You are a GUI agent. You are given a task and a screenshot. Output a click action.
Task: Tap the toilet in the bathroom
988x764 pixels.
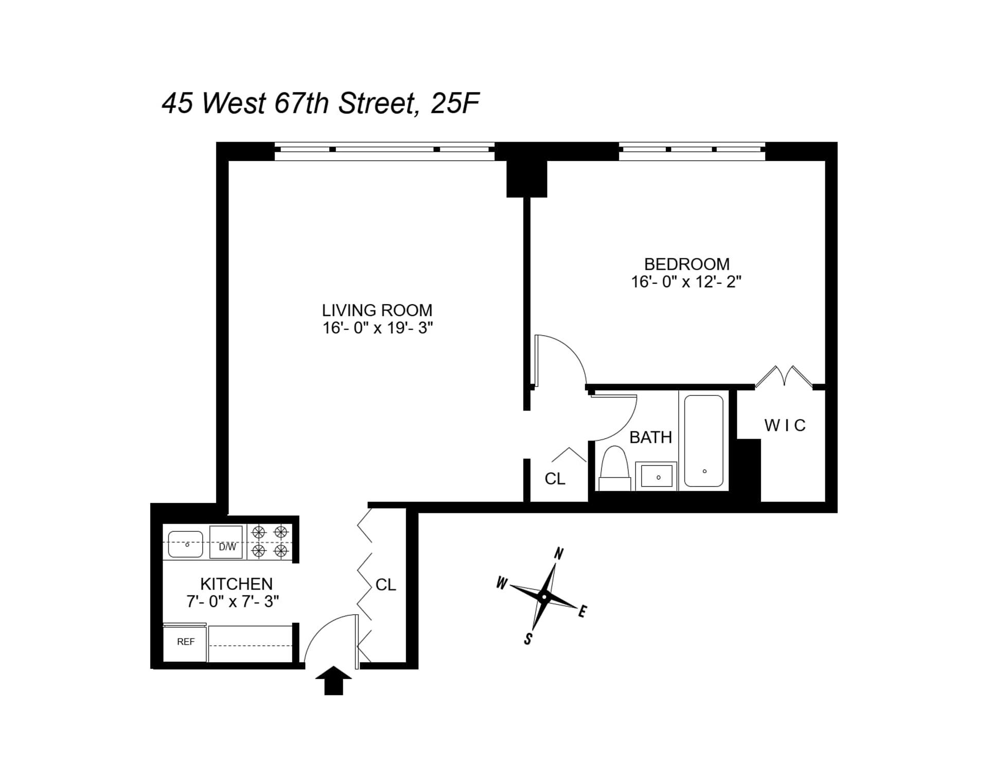[614, 468]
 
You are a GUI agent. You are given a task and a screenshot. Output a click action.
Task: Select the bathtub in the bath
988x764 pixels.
[703, 441]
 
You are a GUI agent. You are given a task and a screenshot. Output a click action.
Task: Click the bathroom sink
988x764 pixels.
[656, 476]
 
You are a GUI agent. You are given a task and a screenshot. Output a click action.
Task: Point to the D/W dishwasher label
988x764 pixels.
[227, 547]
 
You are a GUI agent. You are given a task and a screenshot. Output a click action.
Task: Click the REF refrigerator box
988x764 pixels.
[185, 642]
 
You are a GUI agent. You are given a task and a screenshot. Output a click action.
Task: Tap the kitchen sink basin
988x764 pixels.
[186, 544]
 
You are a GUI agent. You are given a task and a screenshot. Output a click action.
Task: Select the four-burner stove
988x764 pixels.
[270, 542]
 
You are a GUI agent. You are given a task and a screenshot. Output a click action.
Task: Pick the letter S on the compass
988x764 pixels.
[527, 639]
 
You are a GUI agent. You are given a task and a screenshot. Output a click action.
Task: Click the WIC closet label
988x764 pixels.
[784, 425]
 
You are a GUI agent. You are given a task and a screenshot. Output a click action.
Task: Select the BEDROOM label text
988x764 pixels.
[686, 264]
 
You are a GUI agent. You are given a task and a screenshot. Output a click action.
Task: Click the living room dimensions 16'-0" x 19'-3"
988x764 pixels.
[377, 328]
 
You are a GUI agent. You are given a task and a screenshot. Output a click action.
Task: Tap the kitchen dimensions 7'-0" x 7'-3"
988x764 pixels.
[233, 601]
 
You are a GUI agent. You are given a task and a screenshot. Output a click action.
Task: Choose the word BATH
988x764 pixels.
[650, 437]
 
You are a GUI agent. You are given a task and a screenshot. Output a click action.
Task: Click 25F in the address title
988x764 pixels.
[455, 103]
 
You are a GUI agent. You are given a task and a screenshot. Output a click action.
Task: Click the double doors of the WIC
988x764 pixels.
[784, 376]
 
